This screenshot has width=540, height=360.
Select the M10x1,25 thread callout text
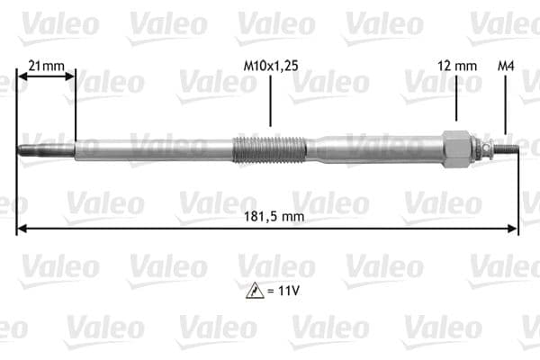[270, 65]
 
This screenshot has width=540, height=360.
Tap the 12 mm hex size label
[456, 65]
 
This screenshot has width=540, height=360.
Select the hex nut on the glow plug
[457, 148]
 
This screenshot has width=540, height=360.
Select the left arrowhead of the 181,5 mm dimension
[22, 229]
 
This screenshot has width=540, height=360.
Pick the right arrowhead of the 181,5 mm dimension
[514, 229]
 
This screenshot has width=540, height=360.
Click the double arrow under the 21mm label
[46, 77]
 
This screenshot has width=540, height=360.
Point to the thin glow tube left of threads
[153, 148]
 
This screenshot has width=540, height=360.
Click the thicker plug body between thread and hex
[378, 148]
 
